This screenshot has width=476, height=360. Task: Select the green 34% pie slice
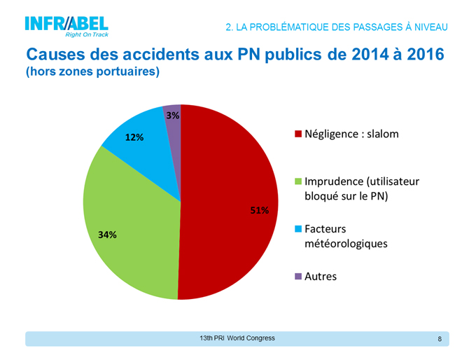[x=129, y=217]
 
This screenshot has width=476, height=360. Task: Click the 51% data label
[x=259, y=210]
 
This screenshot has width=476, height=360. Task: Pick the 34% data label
[x=107, y=235]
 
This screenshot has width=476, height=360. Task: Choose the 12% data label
[x=134, y=137]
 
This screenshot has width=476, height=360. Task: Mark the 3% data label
[x=172, y=115]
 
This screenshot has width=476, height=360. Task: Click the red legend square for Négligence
[x=298, y=134]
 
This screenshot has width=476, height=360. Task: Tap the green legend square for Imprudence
[x=298, y=181]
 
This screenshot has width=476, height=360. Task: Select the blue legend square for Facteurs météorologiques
[x=298, y=229]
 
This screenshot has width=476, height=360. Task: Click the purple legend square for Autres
[x=298, y=277]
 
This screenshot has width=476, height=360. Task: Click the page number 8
[x=440, y=339]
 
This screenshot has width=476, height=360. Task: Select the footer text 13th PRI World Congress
[x=237, y=338]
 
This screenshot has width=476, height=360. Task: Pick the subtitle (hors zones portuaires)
[x=92, y=72]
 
